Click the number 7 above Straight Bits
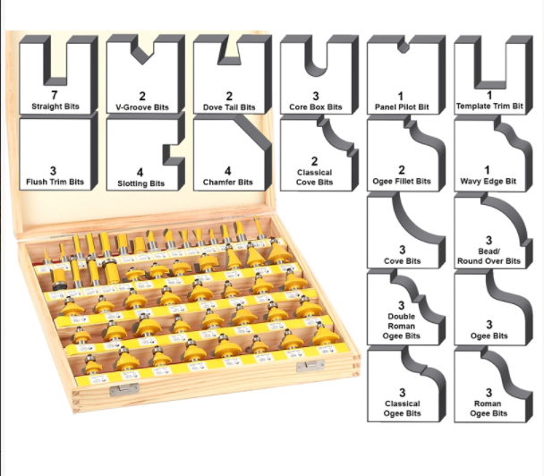(54, 95)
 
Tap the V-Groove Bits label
(142, 107)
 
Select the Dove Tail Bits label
(229, 107)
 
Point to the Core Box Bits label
(316, 106)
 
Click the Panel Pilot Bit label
(402, 106)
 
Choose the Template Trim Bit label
(489, 106)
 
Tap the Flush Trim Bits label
(55, 182)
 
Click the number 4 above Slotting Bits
(140, 173)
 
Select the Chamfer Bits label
(228, 183)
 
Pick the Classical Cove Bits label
(314, 177)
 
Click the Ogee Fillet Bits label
(402, 181)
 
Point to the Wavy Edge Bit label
(489, 181)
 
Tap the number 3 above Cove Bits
(402, 250)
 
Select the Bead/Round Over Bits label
(489, 256)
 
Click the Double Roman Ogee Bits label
(402, 326)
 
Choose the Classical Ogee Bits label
(403, 408)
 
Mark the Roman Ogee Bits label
(489, 408)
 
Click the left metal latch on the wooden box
(123, 389)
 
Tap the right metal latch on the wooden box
(310, 366)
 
